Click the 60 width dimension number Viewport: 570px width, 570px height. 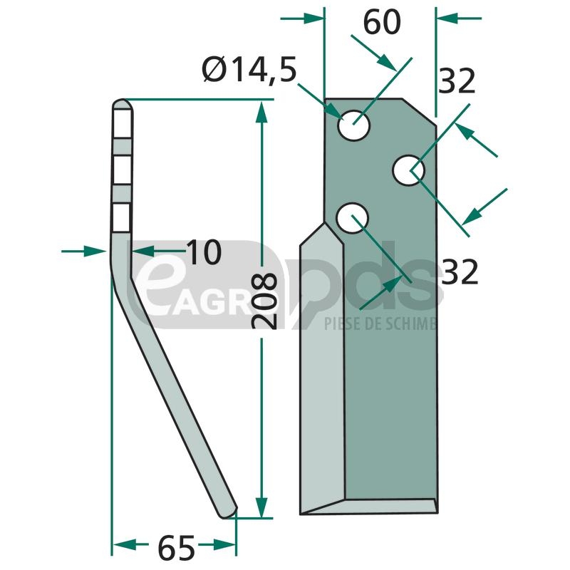382,23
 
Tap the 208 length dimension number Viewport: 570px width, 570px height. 264,301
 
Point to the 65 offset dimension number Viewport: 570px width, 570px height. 176,547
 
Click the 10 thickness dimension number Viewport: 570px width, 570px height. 204,252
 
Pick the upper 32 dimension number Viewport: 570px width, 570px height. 457,81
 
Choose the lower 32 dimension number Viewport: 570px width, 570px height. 460,272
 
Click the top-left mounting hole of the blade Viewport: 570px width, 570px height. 353,125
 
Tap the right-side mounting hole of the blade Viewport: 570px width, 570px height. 408,170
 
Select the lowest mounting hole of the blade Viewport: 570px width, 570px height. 352,218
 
